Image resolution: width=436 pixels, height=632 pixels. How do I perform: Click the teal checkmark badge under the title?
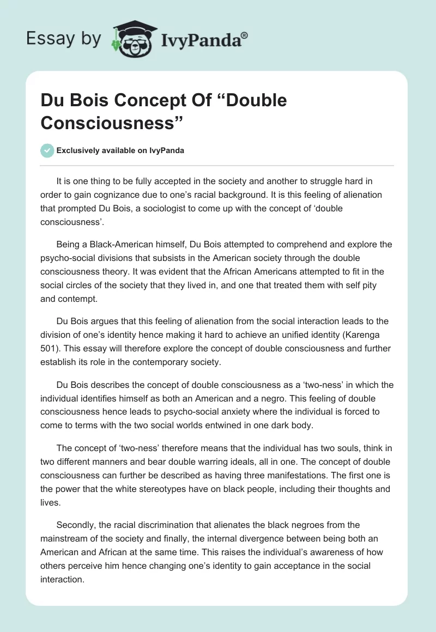pyautogui.click(x=47, y=150)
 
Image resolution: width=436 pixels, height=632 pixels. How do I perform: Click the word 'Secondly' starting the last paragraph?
pyautogui.click(x=76, y=525)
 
